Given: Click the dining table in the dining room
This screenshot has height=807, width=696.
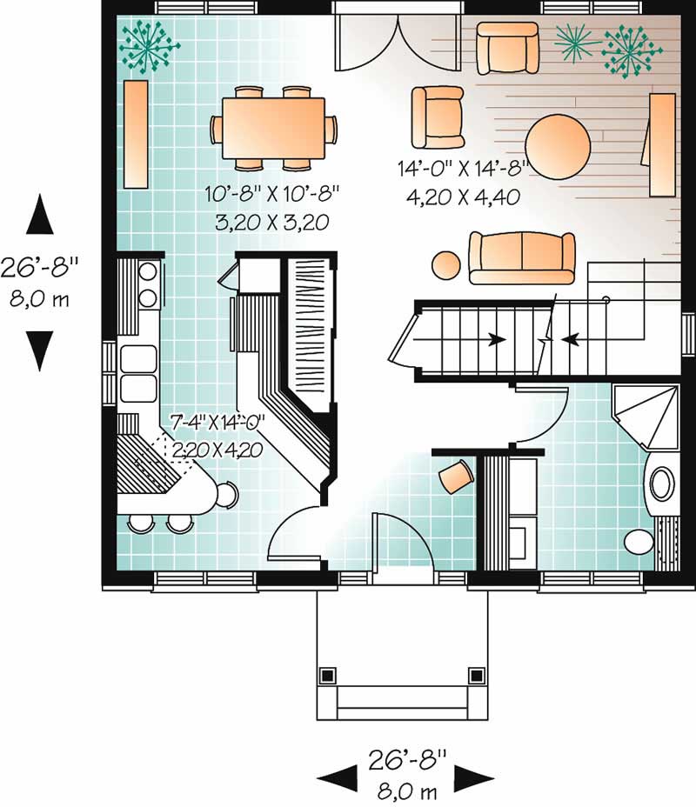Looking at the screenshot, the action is pyautogui.click(x=273, y=129).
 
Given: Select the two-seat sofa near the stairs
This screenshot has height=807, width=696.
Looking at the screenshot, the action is pyautogui.click(x=522, y=258).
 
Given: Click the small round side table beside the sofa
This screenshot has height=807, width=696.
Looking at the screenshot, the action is pyautogui.click(x=445, y=265).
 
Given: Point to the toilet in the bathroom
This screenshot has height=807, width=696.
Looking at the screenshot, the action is pyautogui.click(x=639, y=542).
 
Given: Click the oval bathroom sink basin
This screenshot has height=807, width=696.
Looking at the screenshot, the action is pyautogui.click(x=663, y=484).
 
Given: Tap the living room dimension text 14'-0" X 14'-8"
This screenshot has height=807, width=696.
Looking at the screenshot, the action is pyautogui.click(x=464, y=169).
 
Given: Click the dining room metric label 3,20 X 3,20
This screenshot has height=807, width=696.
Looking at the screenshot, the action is pyautogui.click(x=272, y=223).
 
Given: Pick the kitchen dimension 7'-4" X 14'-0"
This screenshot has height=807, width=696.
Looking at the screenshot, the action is pyautogui.click(x=217, y=423).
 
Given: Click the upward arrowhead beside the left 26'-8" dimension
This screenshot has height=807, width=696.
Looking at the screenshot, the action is pyautogui.click(x=40, y=214).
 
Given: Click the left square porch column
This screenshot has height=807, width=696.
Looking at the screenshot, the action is pyautogui.click(x=327, y=675).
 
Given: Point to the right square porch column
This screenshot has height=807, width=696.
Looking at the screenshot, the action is pyautogui.click(x=477, y=675).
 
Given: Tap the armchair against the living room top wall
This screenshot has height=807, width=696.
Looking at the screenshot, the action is pyautogui.click(x=507, y=48).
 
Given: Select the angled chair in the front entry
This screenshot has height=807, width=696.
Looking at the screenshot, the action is pyautogui.click(x=456, y=477).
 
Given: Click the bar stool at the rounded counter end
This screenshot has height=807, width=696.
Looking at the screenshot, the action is pyautogui.click(x=227, y=495).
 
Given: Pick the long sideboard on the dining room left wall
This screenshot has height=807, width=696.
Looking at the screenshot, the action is pyautogui.click(x=137, y=134).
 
